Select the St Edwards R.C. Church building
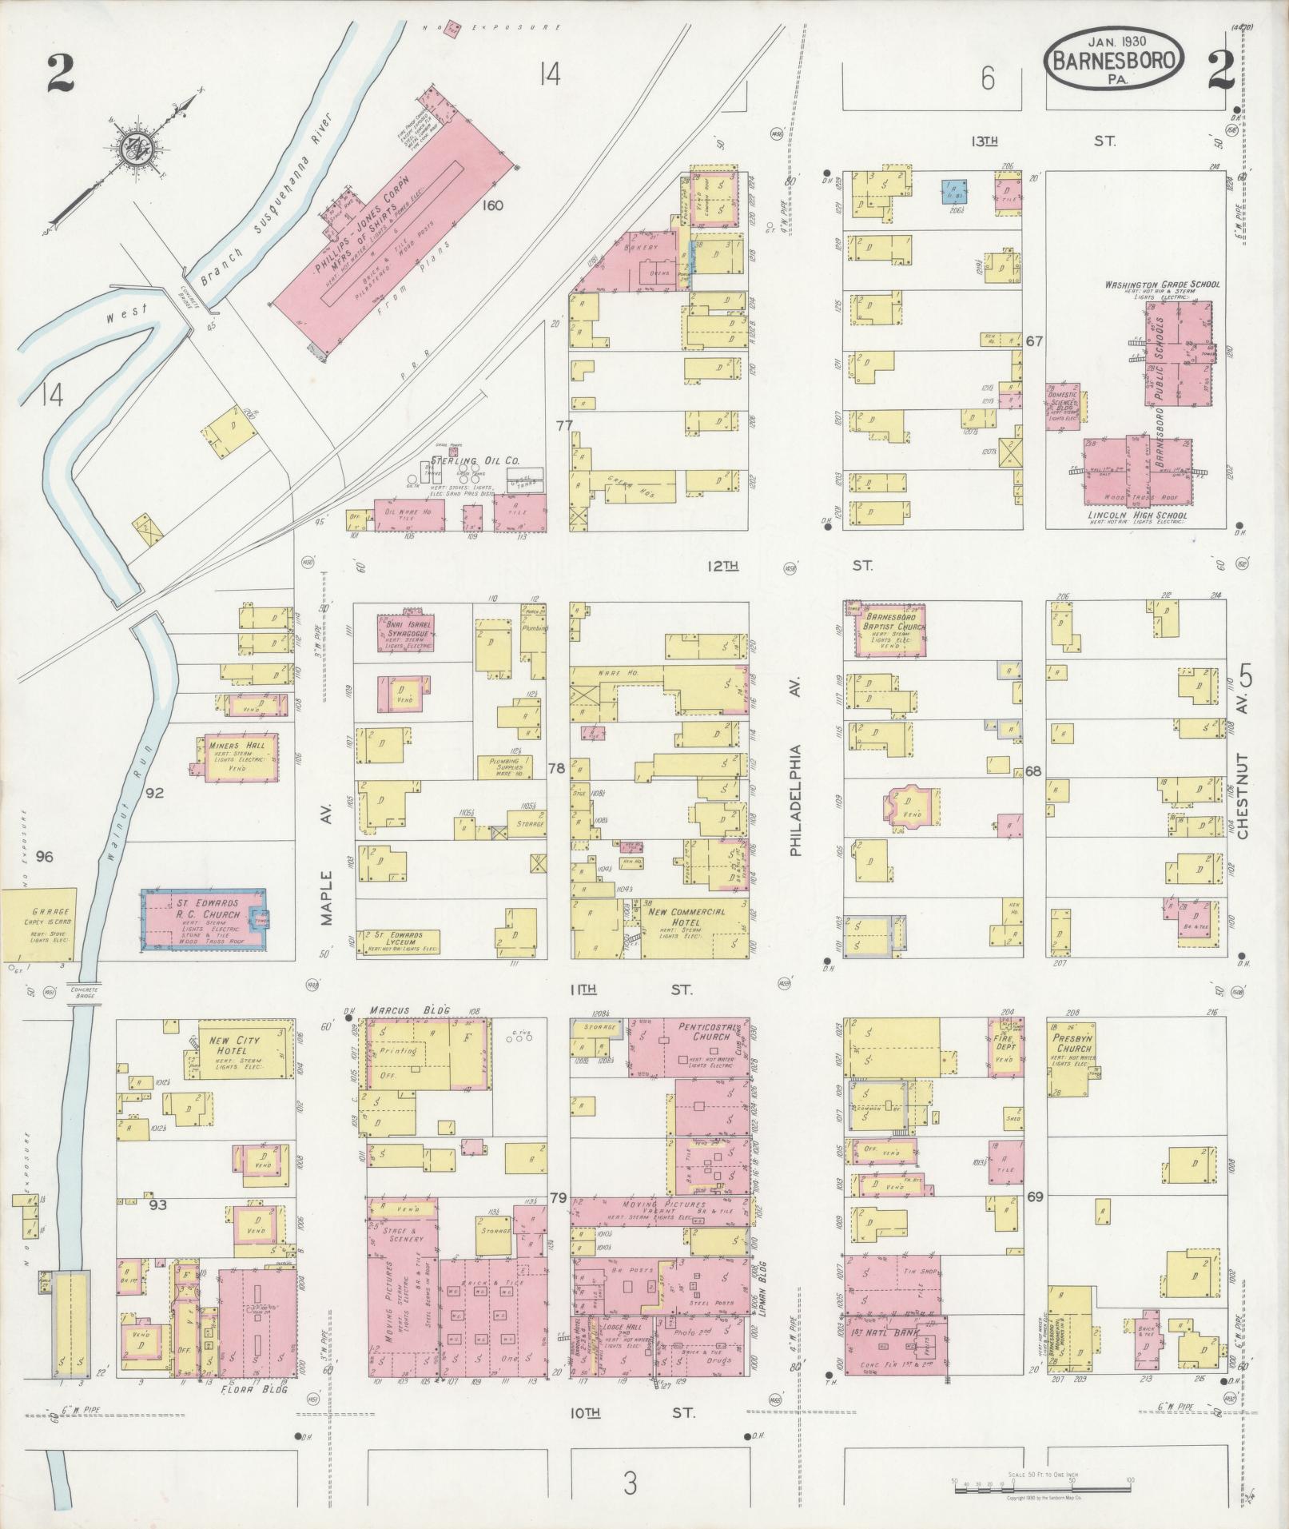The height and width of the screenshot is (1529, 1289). (204, 919)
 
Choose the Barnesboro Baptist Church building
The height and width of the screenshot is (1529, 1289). (885, 630)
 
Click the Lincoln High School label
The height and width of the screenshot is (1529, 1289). (1138, 516)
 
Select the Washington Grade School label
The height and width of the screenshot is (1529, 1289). (1162, 285)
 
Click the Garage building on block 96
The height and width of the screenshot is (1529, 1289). (38, 925)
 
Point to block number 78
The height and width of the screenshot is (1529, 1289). (556, 769)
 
